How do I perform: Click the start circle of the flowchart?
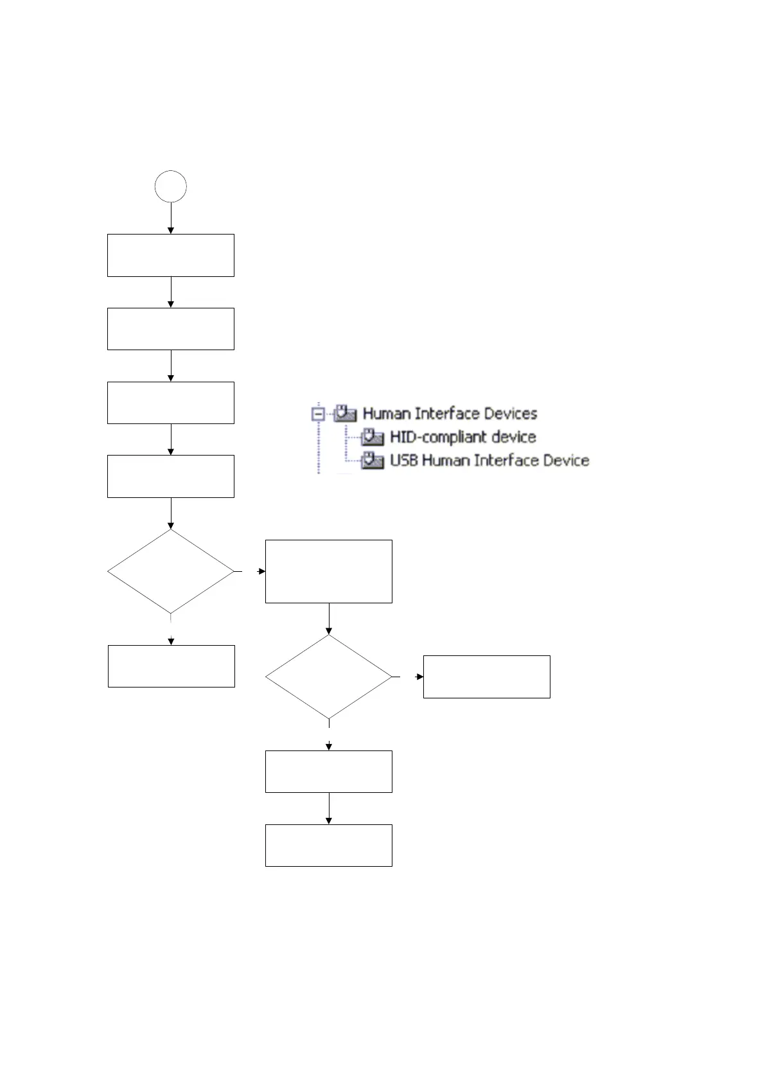point(171,187)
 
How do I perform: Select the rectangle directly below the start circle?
point(171,256)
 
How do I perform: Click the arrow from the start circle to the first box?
point(171,218)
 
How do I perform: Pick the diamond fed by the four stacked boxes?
point(171,571)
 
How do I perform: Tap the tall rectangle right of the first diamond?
point(329,571)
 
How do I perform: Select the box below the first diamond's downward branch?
point(171,666)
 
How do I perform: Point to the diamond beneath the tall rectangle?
point(329,677)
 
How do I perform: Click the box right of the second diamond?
point(487,677)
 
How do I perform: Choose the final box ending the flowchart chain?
point(329,846)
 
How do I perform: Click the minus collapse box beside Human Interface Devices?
point(318,414)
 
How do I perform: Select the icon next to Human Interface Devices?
point(345,413)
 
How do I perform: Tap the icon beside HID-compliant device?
point(372,437)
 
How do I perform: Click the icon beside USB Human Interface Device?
point(372,461)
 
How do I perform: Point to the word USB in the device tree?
point(403,461)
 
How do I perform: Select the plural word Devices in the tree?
point(511,413)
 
